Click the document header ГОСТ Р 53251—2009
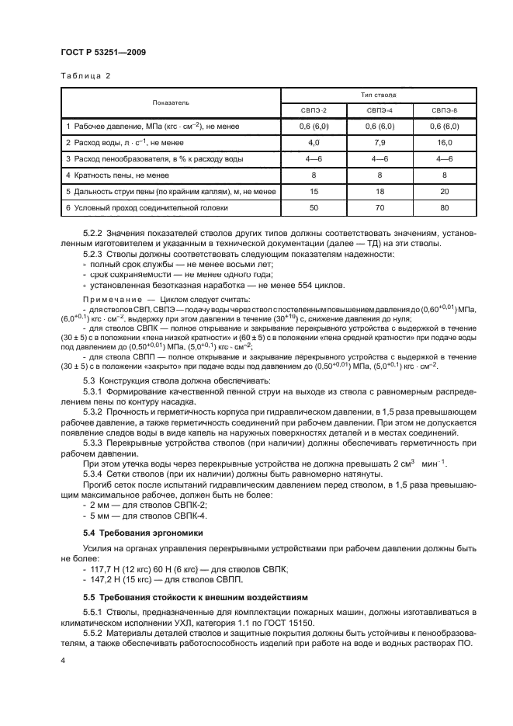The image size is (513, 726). click(x=102, y=52)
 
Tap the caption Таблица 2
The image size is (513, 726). click(x=85, y=76)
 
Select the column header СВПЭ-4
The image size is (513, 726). click(x=380, y=111)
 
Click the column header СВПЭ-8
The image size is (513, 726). click(x=445, y=111)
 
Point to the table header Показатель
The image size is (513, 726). click(x=170, y=102)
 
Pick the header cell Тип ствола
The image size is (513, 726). click(x=379, y=94)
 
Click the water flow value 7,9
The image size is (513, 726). click(x=380, y=143)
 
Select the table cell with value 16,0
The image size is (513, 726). click(x=445, y=143)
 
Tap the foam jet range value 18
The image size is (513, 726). click(x=380, y=191)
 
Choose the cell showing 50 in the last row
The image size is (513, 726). click(x=314, y=207)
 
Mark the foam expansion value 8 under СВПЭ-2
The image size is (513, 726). click(x=314, y=175)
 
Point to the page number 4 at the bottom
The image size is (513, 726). click(x=64, y=659)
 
